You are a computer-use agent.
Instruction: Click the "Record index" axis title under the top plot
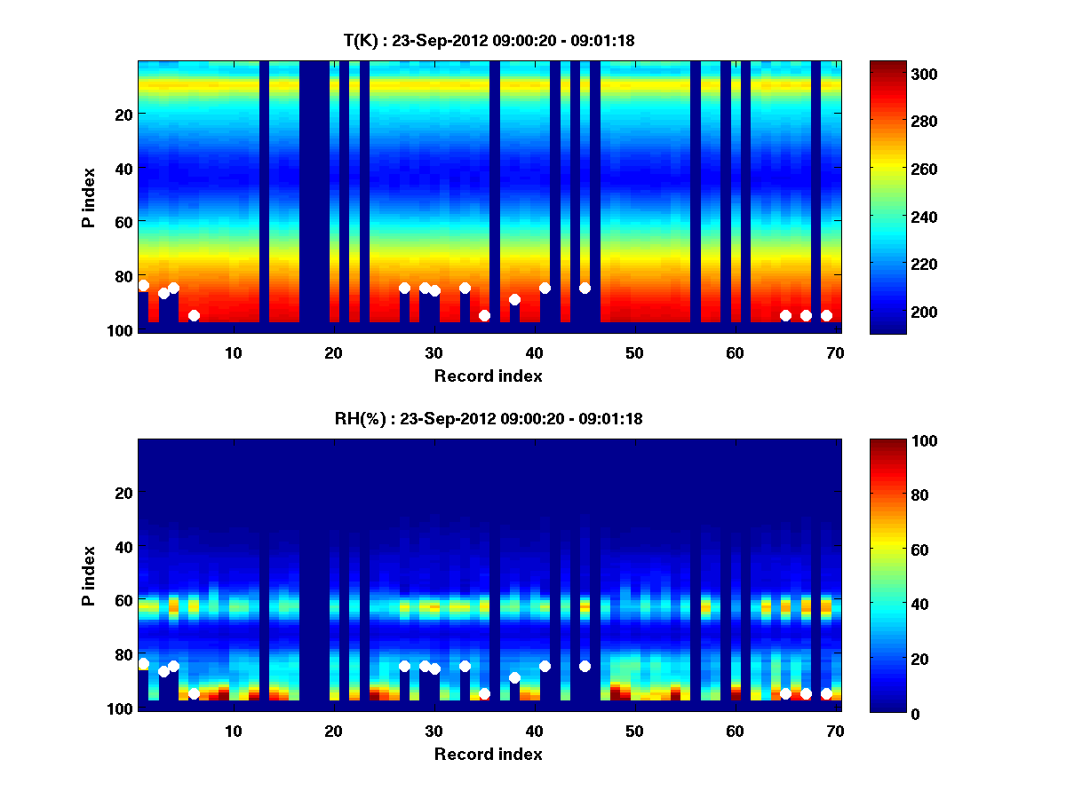(x=489, y=376)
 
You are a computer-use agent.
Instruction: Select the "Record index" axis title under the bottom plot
(x=489, y=754)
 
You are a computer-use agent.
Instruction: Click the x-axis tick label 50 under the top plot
(x=634, y=352)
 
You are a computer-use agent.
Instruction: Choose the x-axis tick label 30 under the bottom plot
(x=434, y=731)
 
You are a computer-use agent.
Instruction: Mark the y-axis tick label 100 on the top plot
(x=123, y=330)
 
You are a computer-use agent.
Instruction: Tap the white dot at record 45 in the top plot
(x=585, y=288)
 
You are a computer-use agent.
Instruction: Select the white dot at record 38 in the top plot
(x=514, y=299)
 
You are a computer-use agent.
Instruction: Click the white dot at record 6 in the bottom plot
(x=194, y=693)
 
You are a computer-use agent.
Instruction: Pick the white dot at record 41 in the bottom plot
(x=545, y=666)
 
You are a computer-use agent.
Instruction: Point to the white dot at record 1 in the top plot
(x=143, y=285)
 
